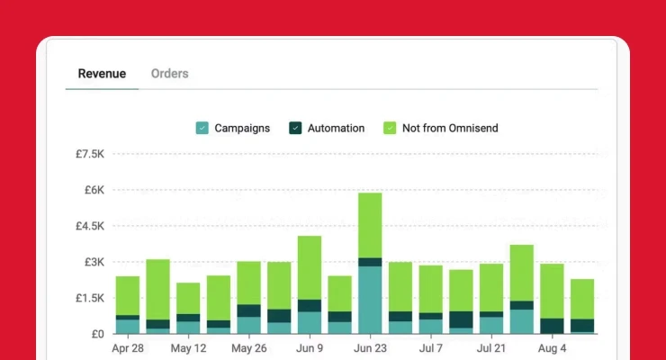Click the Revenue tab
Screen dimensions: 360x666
pyautogui.click(x=102, y=74)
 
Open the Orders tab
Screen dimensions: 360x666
pyautogui.click(x=170, y=74)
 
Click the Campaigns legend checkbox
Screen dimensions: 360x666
pyautogui.click(x=202, y=129)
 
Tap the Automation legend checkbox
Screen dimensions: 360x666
pyautogui.click(x=295, y=129)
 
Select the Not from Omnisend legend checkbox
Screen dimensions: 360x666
pyautogui.click(x=390, y=129)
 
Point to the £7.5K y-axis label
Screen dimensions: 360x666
pyautogui.click(x=89, y=154)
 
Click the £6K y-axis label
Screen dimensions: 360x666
pyautogui.click(x=94, y=190)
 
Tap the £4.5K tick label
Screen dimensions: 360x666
pyautogui.click(x=89, y=226)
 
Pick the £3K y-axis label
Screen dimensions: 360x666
pyautogui.click(x=94, y=262)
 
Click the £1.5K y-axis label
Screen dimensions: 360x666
pyautogui.click(x=89, y=298)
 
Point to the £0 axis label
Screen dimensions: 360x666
pyautogui.click(x=97, y=334)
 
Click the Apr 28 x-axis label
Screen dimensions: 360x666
pyautogui.click(x=128, y=347)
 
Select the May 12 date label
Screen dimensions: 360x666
pyautogui.click(x=188, y=347)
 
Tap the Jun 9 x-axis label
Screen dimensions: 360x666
pyautogui.click(x=310, y=347)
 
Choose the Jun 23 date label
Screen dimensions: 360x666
pyautogui.click(x=370, y=347)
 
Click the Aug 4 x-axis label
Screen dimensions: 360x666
pyautogui.click(x=552, y=347)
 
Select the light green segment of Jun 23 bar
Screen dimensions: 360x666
pyautogui.click(x=370, y=225)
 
